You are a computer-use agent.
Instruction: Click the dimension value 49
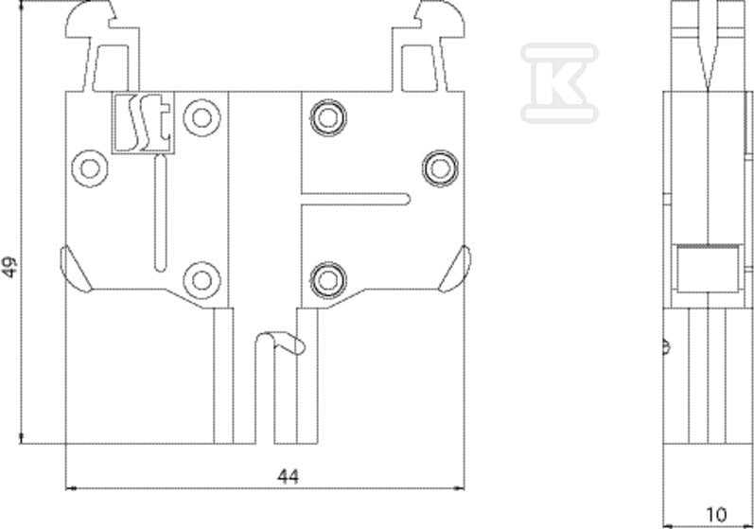(x=10, y=268)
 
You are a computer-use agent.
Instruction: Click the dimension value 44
(x=288, y=477)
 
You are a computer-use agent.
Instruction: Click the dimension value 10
(x=717, y=515)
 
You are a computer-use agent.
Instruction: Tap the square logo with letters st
(x=143, y=123)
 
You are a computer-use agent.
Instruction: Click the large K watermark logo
(x=559, y=82)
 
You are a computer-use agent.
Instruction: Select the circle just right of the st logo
(x=202, y=117)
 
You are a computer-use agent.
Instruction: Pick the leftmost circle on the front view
(x=90, y=168)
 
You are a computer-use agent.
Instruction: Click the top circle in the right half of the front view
(x=328, y=117)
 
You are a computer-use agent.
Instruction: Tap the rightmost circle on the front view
(x=440, y=168)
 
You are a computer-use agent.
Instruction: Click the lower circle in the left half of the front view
(x=202, y=280)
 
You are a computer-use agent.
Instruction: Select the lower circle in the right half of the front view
(x=328, y=280)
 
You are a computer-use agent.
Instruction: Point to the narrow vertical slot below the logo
(x=160, y=213)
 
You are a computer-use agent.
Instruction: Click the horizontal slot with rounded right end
(x=356, y=199)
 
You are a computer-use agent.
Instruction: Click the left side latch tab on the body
(x=76, y=270)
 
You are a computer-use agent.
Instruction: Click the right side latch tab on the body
(x=455, y=270)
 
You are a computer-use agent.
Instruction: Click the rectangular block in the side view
(x=708, y=269)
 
